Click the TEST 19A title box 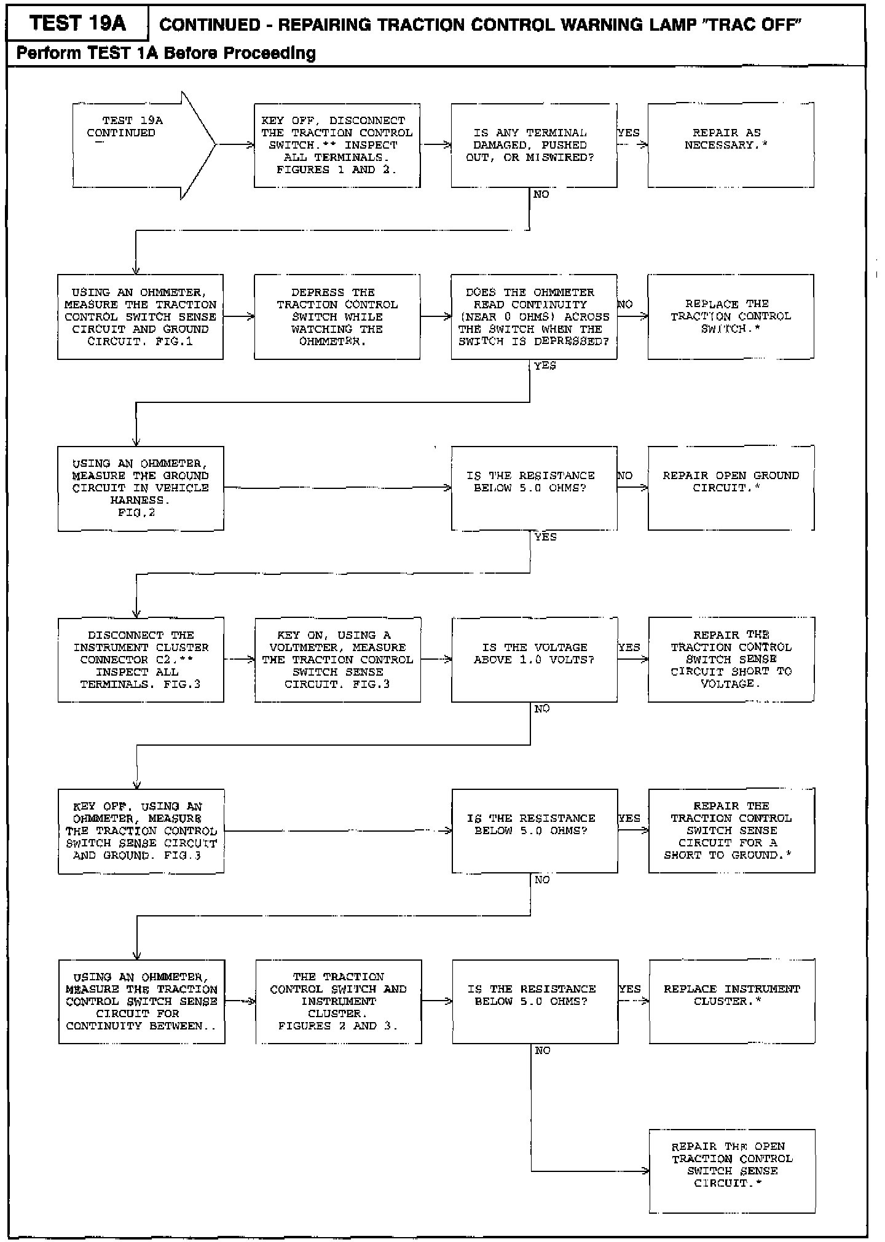coord(77,23)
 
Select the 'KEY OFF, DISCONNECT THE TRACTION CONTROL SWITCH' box coord(337,145)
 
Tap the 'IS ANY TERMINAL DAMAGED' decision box coord(533,145)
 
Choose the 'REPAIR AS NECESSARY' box coord(730,145)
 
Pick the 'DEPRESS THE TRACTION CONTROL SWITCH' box coord(337,316)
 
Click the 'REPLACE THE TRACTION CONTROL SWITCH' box coord(730,316)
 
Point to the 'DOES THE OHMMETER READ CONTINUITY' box coord(533,316)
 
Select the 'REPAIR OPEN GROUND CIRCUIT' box coord(731,488)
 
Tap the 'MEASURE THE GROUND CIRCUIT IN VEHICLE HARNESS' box coord(141,488)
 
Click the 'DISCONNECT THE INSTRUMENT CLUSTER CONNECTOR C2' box coord(141,659)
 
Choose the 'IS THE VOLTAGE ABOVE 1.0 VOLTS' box coord(534,659)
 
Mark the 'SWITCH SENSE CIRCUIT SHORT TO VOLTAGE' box coord(731,659)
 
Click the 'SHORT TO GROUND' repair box coord(731,830)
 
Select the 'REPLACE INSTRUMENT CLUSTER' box coord(732,1001)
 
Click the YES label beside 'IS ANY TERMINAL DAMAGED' coord(629,133)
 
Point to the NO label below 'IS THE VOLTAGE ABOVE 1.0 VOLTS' coord(541,709)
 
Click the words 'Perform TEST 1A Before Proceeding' coord(166,53)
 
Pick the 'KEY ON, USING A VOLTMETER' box coord(337,659)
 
